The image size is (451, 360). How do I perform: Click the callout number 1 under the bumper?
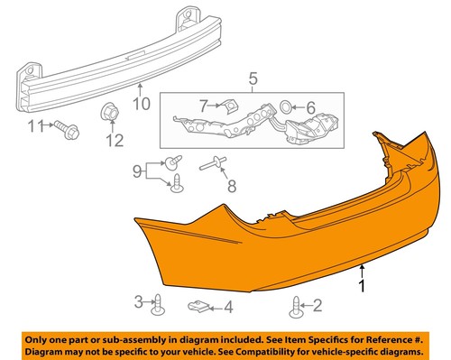coord(363,287)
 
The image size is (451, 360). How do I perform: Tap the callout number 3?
coord(139,300)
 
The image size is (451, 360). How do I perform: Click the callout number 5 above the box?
coord(253,78)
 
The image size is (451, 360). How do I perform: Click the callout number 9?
coord(138,169)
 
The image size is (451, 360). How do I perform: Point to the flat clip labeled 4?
coord(199,307)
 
